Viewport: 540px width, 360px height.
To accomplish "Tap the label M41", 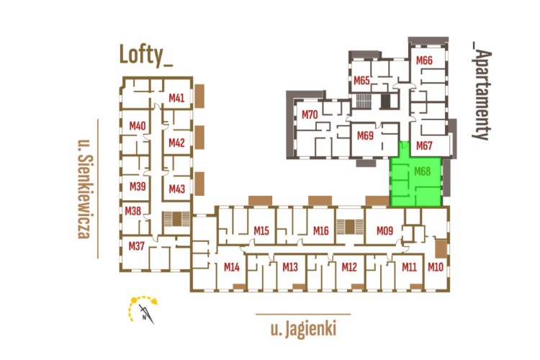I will tap(176, 98).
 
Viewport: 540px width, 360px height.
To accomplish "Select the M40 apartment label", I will tap(138, 126).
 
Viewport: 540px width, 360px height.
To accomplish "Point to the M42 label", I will tap(176, 143).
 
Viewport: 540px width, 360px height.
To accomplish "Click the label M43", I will tap(176, 189).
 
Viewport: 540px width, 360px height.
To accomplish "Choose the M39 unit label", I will tap(138, 186).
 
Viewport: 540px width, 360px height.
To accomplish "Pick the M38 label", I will tap(133, 211).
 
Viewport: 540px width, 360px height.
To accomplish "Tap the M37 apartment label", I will tap(137, 246).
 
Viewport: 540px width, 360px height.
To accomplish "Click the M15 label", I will tap(261, 230).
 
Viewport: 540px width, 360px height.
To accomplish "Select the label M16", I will tap(321, 230).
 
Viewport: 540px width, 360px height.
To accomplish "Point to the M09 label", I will tap(384, 230).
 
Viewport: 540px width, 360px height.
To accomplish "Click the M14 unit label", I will tap(231, 267).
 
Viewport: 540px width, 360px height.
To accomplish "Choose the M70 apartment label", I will tap(310, 114).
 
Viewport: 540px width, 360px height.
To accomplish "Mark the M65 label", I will tap(361, 80).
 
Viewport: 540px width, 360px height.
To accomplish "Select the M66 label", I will tap(424, 61).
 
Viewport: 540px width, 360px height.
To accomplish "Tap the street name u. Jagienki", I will tap(303, 330).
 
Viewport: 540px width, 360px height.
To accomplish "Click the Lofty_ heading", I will tap(146, 55).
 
